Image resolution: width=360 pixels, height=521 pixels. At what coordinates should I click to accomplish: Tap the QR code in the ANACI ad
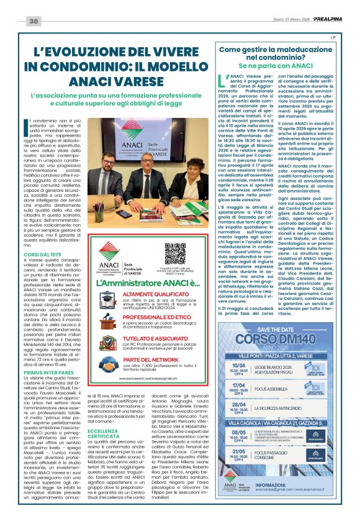175,255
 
